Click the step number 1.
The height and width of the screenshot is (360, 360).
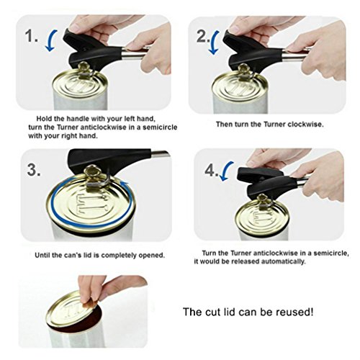(x=32, y=37)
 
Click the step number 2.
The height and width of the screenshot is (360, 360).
(x=203, y=37)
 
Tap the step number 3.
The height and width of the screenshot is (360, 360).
(x=34, y=170)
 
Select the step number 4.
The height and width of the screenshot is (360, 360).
(x=212, y=171)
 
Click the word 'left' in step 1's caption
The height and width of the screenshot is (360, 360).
(x=130, y=119)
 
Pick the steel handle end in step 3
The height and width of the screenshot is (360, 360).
(x=161, y=153)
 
